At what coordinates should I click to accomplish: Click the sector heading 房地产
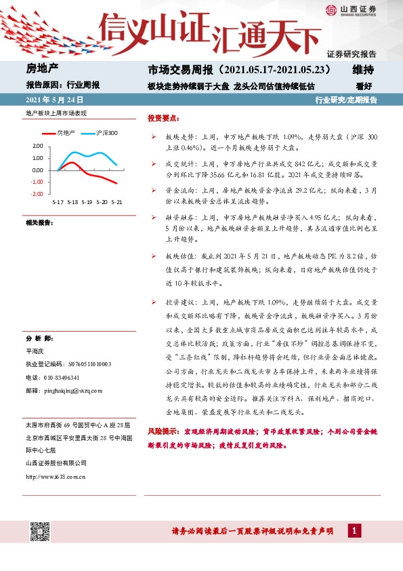(x=43, y=70)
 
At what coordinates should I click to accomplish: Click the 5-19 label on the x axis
(x=87, y=202)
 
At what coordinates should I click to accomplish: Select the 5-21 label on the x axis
(x=116, y=202)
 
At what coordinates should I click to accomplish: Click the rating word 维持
(x=363, y=70)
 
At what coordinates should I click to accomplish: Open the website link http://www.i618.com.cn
(x=55, y=476)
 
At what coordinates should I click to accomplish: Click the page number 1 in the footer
(x=354, y=531)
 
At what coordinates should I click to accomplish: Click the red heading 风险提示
(x=162, y=431)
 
